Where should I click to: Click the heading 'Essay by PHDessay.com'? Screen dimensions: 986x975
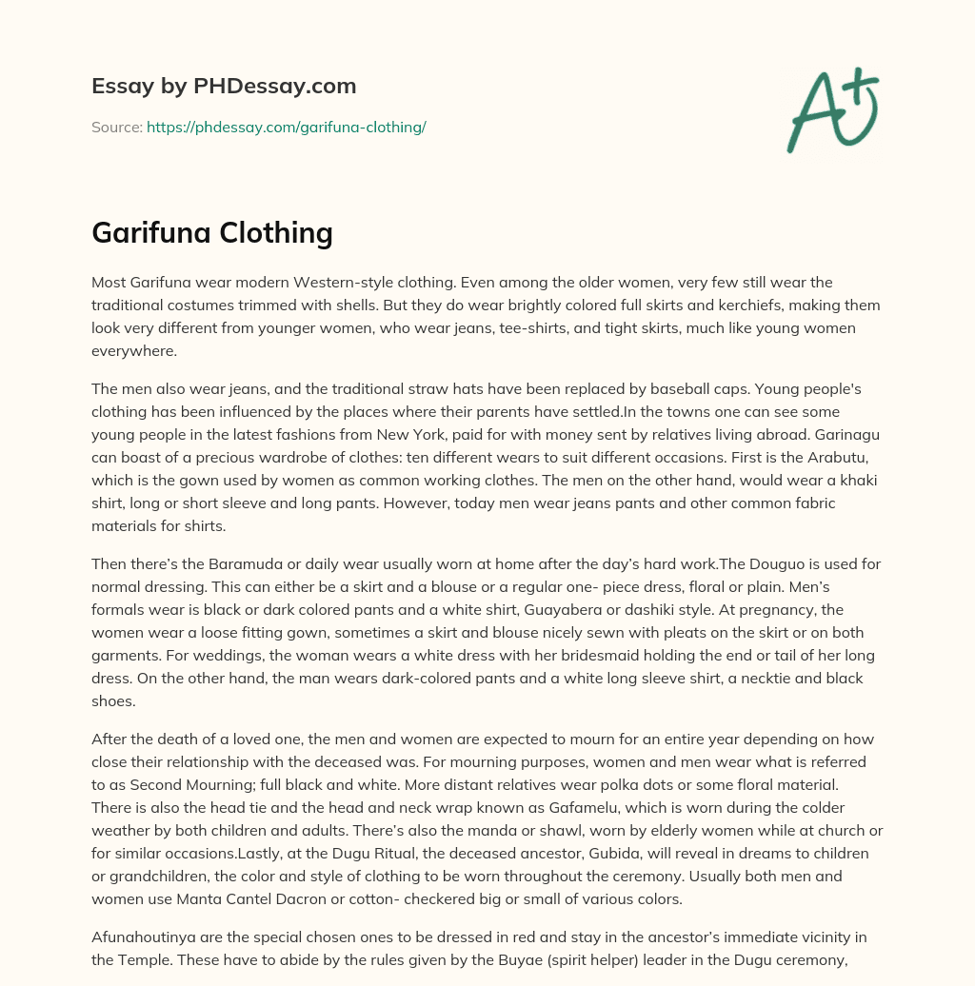coord(224,87)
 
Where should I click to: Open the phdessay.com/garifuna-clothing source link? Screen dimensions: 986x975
coord(286,127)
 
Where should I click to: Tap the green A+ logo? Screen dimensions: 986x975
coord(831,109)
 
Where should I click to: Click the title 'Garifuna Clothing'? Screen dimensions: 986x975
coord(211,232)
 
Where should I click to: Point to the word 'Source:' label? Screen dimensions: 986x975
coord(116,127)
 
